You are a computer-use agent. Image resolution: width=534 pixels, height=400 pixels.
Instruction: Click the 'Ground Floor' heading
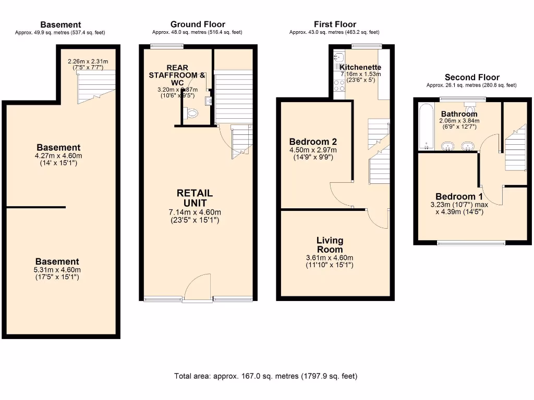click(x=198, y=24)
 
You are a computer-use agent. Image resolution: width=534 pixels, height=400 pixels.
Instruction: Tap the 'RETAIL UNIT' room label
click(x=195, y=198)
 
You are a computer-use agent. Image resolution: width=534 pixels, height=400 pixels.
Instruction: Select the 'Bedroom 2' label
click(x=313, y=141)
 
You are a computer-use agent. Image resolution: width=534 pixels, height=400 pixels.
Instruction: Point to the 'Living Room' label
click(x=330, y=244)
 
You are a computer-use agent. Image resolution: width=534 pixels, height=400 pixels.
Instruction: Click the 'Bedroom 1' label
click(x=459, y=196)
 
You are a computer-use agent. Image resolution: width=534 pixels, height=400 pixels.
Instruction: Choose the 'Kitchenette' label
click(x=360, y=67)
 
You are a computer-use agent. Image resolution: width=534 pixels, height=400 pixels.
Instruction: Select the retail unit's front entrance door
click(x=198, y=286)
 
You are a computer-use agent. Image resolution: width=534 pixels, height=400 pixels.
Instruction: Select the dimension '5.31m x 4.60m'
click(x=57, y=270)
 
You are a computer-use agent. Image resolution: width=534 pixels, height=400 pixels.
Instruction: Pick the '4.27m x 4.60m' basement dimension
click(x=58, y=156)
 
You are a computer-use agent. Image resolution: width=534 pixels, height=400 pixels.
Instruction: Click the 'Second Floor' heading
click(x=471, y=77)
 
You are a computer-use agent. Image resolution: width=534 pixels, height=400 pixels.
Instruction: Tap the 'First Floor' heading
click(x=335, y=24)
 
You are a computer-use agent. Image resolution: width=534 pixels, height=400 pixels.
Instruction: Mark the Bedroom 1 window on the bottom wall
click(x=471, y=243)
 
